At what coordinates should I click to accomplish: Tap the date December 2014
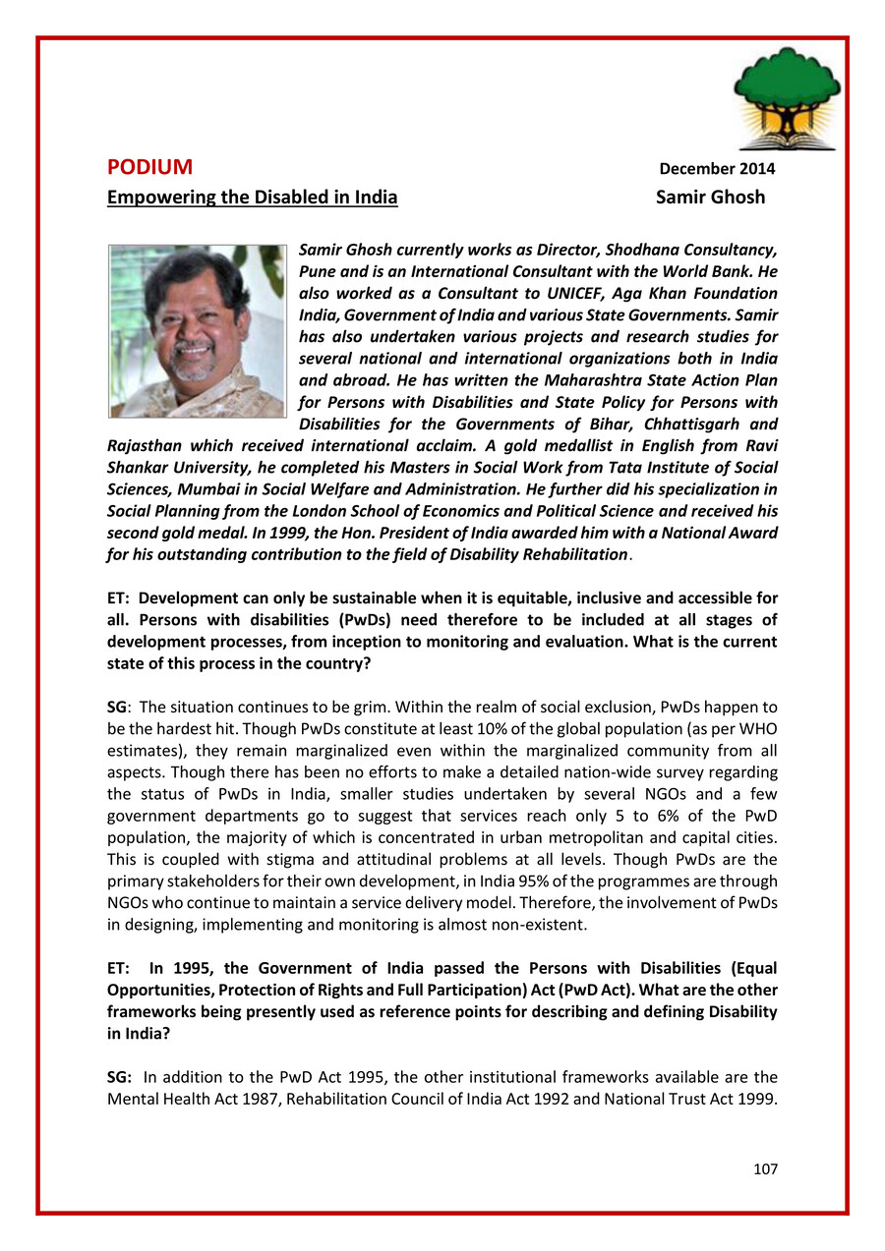tap(717, 169)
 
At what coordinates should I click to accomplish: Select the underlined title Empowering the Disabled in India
tap(252, 197)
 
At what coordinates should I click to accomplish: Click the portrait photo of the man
tap(197, 331)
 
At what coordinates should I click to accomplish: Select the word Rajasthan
tap(144, 445)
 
